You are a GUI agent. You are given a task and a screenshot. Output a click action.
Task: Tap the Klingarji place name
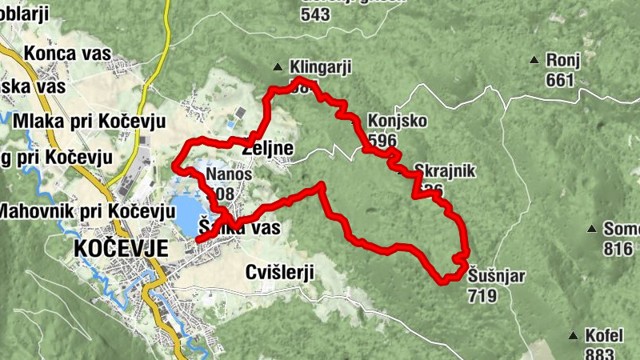[322, 67]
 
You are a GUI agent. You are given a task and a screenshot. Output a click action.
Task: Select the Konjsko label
[397, 122]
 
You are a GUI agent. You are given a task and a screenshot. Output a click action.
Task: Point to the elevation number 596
[383, 140]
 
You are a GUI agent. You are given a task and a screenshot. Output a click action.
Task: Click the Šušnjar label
[497, 278]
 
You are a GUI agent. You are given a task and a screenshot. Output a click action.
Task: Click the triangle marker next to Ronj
[534, 60]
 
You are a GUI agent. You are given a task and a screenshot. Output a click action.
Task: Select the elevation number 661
[559, 80]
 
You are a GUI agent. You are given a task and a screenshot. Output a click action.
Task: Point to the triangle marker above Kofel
[574, 334]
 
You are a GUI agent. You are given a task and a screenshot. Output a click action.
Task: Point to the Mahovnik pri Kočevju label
[86, 212]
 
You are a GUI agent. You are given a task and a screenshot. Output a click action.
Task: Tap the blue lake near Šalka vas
[186, 213]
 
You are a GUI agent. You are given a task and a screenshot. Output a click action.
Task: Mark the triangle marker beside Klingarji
[278, 67]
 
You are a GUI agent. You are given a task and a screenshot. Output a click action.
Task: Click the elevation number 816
[618, 250]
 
